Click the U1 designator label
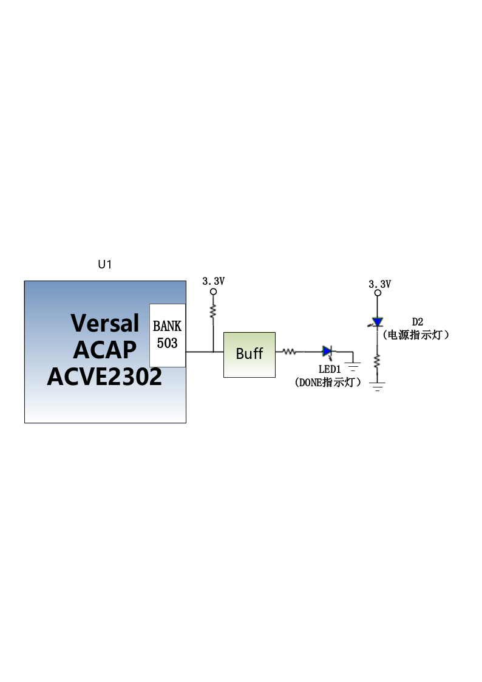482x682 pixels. (105, 264)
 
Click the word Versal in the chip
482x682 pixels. (105, 323)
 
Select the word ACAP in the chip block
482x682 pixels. (105, 350)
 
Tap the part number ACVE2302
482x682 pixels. (104, 377)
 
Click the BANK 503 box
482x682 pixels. (168, 335)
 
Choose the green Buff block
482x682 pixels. (249, 355)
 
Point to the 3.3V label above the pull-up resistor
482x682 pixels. (214, 281)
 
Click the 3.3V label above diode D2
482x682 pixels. (380, 284)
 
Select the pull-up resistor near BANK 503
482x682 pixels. (213, 311)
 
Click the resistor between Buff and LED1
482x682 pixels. (290, 352)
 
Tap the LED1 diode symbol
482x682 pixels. (328, 352)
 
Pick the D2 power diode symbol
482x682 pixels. (377, 322)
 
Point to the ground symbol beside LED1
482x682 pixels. (353, 366)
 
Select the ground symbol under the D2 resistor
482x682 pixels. (377, 386)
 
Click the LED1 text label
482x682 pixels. (330, 370)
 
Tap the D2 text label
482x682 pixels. (417, 322)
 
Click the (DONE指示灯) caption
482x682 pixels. (328, 383)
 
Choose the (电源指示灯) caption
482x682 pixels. (416, 335)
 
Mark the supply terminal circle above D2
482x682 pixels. (378, 293)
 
